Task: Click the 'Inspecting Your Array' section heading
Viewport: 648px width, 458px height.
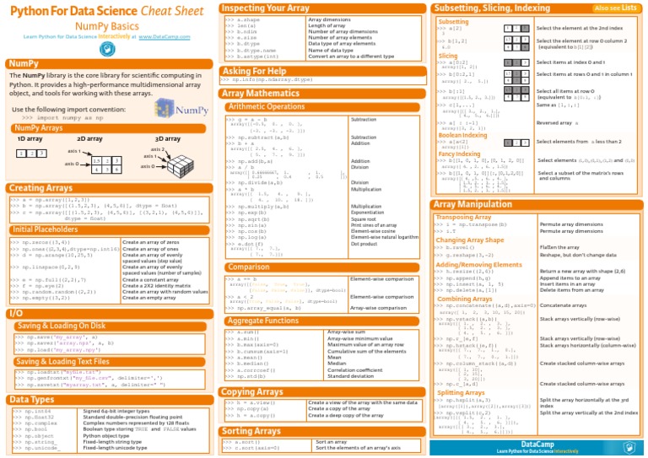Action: click(x=264, y=8)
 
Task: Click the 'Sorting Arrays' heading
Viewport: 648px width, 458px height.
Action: click(x=251, y=430)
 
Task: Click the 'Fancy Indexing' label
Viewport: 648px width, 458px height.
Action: click(x=460, y=154)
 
